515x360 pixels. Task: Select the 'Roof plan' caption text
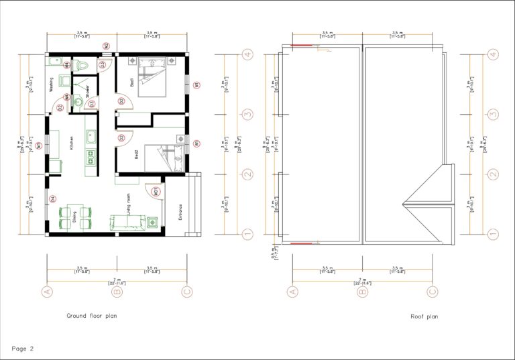424,316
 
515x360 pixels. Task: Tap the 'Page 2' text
22,348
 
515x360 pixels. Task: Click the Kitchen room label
71,143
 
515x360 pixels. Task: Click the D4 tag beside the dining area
52,198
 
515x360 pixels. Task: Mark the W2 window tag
106,46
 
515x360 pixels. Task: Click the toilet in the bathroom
82,65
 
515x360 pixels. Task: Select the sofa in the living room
127,222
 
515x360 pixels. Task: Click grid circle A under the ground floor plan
47,291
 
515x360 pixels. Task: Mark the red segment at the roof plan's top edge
304,46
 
